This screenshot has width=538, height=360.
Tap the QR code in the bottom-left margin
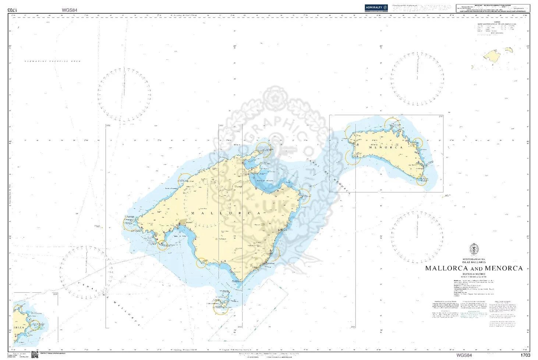(x=35, y=355)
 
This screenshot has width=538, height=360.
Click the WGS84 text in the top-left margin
(x=69, y=10)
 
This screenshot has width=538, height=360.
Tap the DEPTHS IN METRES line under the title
(x=474, y=274)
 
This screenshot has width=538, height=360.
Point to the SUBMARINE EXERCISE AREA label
(x=52, y=61)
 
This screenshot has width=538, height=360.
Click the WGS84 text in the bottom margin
(x=464, y=356)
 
